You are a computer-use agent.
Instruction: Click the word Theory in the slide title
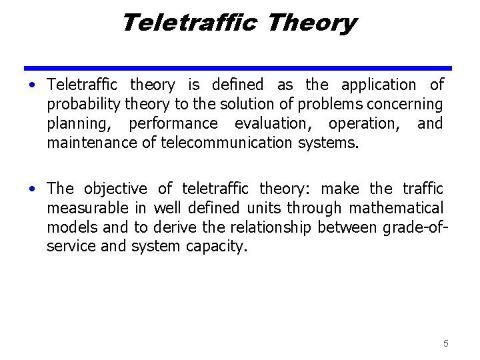[311, 23]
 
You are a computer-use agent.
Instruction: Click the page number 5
[446, 343]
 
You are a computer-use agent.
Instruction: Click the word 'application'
[378, 85]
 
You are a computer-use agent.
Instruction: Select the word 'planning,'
[79, 124]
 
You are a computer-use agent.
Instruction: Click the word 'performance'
[173, 124]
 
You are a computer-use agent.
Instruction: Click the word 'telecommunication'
[227, 143]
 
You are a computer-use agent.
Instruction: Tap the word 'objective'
[115, 189]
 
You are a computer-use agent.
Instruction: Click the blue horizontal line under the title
[238, 67]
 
